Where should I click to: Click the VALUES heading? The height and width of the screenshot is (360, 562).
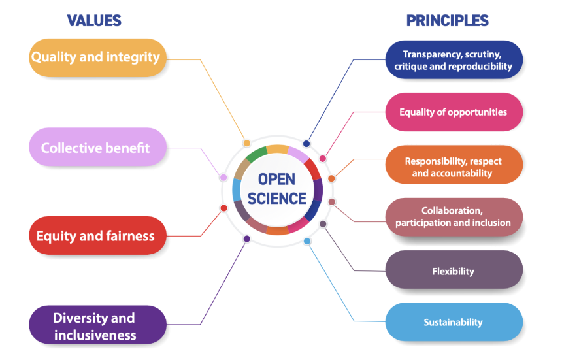point(94,20)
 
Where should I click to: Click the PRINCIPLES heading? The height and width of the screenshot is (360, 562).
point(447,20)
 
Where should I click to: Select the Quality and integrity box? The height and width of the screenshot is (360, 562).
point(95,57)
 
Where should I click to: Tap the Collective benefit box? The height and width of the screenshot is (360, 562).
point(95,147)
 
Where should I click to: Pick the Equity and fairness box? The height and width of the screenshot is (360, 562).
point(95,235)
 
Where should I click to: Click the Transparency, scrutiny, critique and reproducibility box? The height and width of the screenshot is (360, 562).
point(454,60)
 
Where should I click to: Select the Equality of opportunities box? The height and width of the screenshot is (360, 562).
point(454,112)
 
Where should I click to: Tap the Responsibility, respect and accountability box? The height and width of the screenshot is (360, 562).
point(454,167)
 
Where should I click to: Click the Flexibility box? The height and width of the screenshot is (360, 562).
point(454,270)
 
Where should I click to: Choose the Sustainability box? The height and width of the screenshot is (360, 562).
point(454,322)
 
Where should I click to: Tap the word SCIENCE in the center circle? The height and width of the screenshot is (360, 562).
point(277,198)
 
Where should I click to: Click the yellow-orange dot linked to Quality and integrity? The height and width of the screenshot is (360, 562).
point(246,143)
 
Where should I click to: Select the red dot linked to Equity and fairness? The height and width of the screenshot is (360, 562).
point(223,208)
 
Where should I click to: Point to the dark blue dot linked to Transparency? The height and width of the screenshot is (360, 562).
point(306,144)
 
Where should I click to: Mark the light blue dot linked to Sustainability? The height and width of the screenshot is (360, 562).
point(307,241)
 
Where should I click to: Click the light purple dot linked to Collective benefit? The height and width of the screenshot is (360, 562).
point(223,177)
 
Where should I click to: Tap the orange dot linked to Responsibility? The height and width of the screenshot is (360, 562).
point(331,178)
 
